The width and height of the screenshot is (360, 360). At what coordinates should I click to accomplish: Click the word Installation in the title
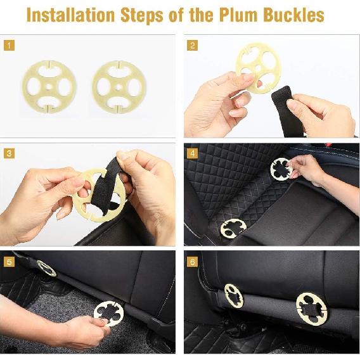point(70,15)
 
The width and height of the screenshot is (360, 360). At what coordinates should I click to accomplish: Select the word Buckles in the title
point(294,15)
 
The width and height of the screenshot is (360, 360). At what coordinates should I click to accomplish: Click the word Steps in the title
point(142,15)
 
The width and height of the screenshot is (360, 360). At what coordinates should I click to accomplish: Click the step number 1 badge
point(9,45)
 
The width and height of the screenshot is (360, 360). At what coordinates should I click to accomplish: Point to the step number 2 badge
point(193,45)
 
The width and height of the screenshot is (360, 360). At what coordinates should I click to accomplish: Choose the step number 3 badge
point(9,153)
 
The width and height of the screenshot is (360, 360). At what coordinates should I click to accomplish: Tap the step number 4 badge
point(193,153)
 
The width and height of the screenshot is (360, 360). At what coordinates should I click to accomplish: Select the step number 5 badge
point(9,262)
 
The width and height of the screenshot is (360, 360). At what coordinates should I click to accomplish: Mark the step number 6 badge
point(193,262)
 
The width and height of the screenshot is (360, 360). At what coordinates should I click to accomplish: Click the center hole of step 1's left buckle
point(49,87)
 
